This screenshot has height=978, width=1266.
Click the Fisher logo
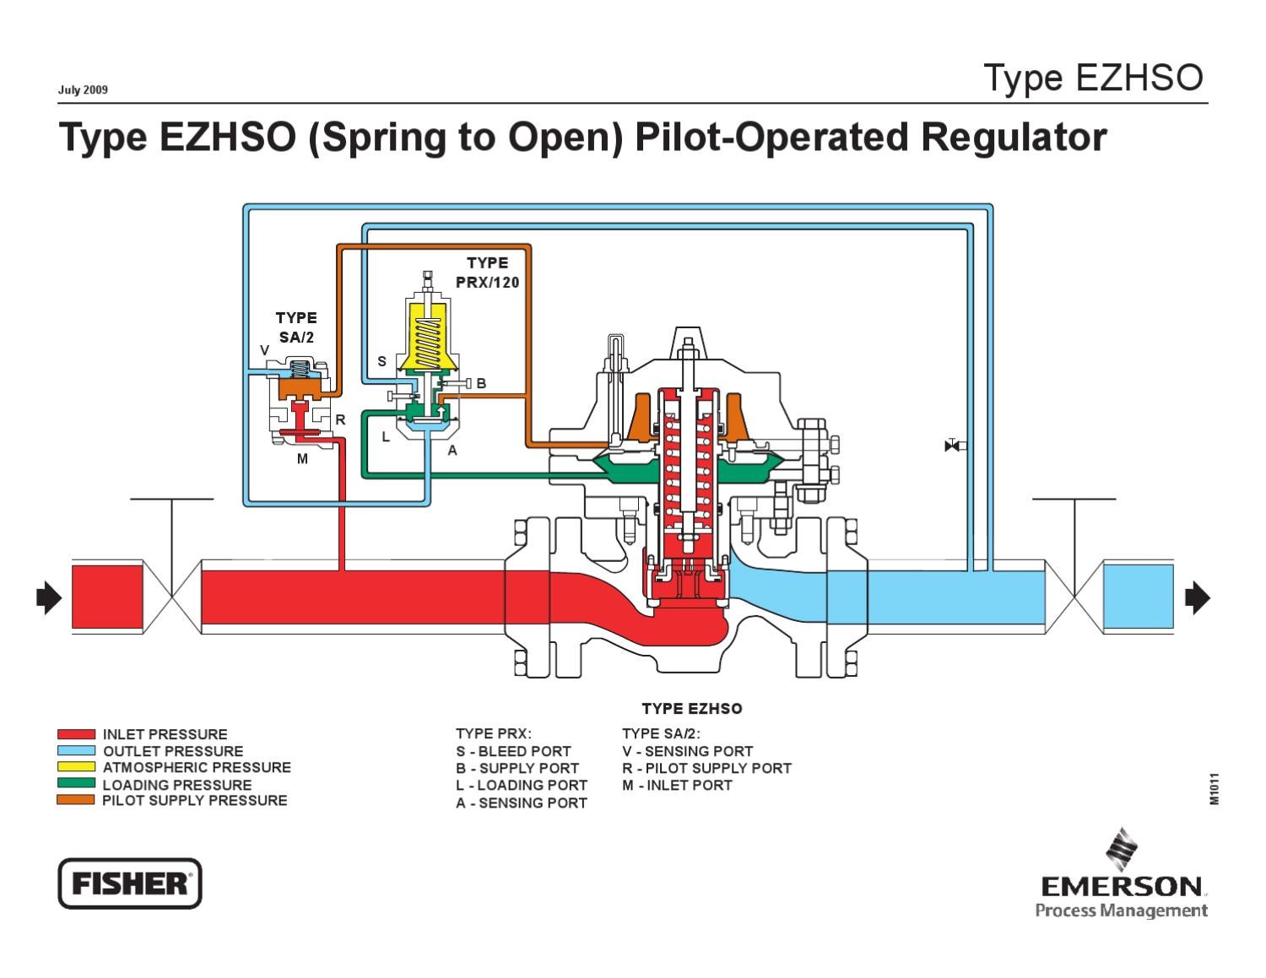129,883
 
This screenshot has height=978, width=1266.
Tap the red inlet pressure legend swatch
76,734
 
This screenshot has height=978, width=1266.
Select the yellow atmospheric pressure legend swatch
76,767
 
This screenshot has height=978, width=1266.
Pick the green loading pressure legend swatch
76,784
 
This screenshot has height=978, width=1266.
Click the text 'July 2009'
83,90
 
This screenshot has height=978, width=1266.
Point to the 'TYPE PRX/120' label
487,273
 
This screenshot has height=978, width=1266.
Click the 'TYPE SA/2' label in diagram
296,327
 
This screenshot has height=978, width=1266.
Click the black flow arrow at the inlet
49,598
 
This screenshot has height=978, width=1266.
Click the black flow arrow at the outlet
1198,598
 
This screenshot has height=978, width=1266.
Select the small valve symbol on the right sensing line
953,446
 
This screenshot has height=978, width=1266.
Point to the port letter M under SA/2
302,459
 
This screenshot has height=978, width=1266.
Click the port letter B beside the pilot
481,383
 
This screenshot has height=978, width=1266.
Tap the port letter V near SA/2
264,350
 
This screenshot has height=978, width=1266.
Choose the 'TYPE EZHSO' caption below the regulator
691,709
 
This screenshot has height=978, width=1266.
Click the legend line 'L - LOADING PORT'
521,785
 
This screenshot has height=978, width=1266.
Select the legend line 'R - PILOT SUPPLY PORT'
706,768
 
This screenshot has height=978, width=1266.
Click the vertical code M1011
1215,789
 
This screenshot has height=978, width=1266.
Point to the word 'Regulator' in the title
1013,138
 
